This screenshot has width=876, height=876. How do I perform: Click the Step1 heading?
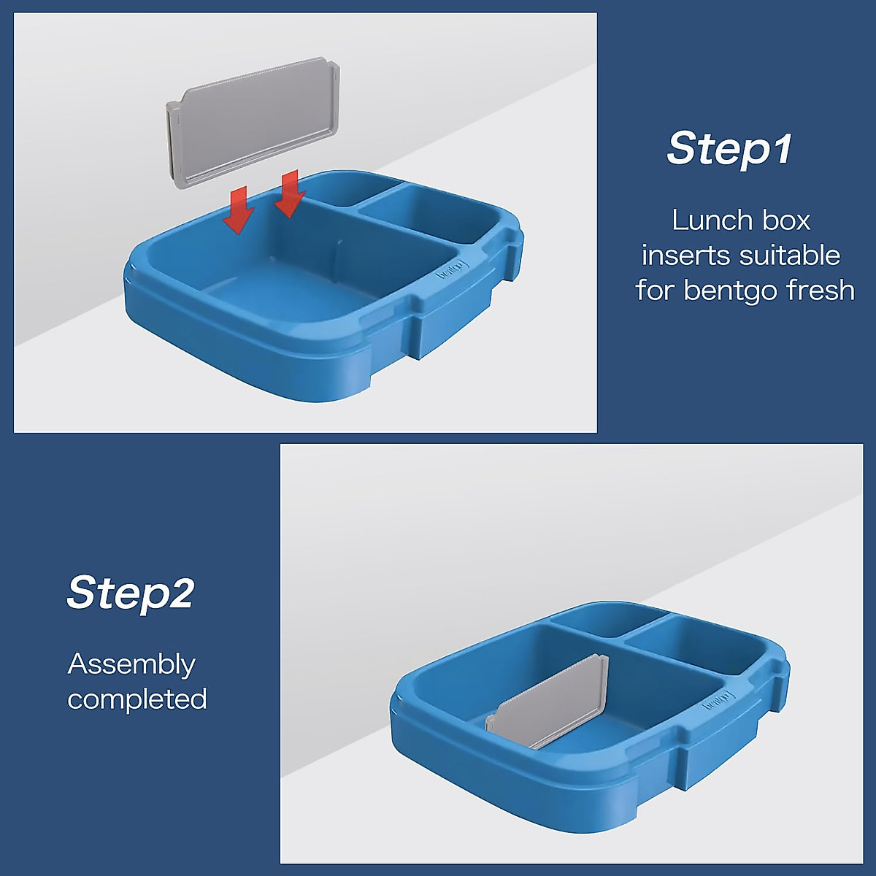coord(729,148)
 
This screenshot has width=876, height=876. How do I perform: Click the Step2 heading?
coord(131,593)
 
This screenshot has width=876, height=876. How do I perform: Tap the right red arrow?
coord(290,193)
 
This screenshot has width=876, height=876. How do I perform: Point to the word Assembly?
coord(131,665)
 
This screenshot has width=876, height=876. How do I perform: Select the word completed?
coord(137,699)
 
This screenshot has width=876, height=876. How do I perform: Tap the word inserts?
coord(686,255)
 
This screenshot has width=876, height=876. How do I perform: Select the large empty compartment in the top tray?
coord(321,255)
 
